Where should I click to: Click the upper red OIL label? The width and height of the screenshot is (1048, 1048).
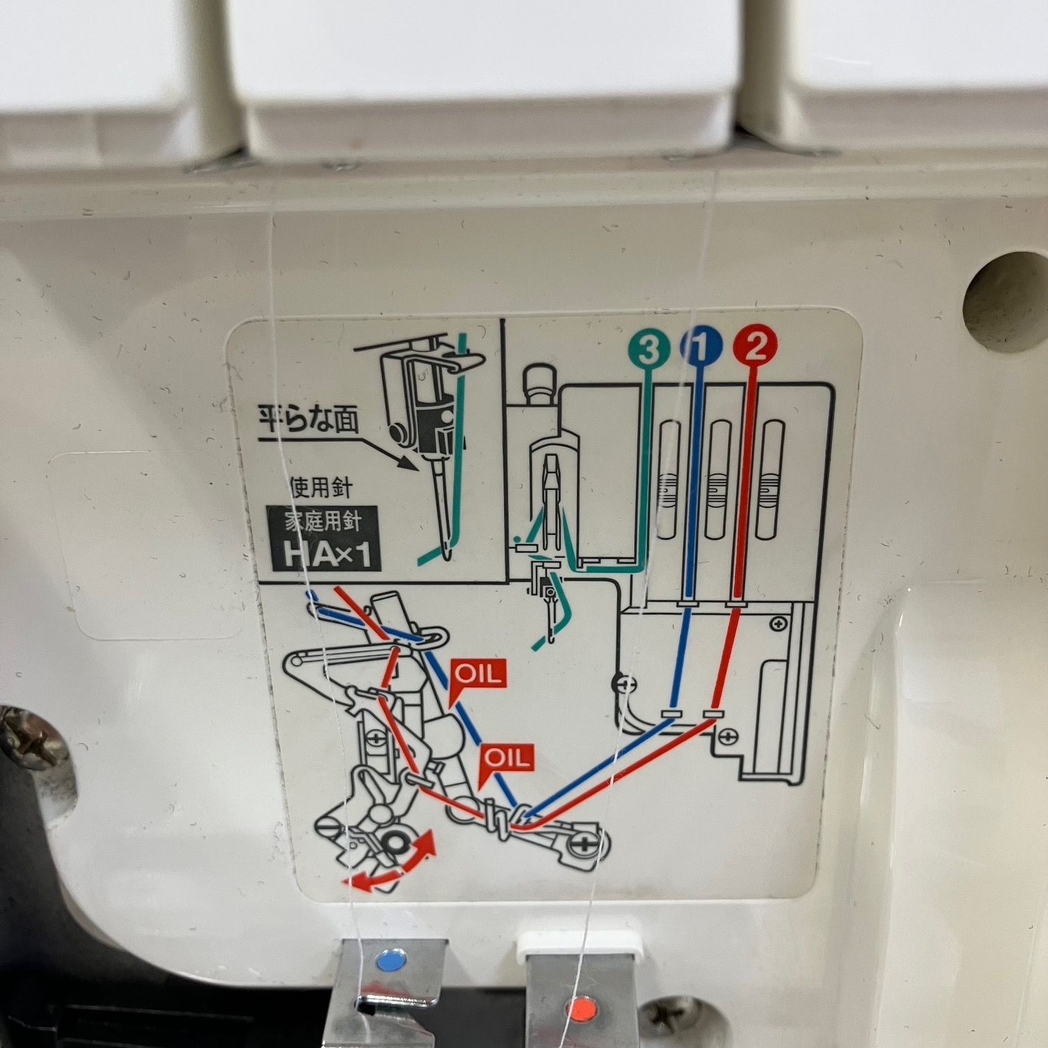pos(478,674)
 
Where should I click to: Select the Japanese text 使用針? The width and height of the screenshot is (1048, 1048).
pos(321,489)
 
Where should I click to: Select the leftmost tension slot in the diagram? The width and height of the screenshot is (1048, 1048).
pos(670,480)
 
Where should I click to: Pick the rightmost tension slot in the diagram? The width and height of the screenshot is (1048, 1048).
pos(771,480)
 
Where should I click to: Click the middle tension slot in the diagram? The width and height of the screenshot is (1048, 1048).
pos(719,480)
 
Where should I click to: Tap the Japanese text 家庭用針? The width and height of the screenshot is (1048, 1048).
pos(324,521)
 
